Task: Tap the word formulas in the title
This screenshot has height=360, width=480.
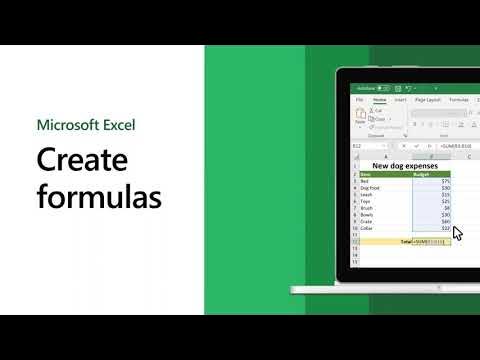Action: tap(99, 197)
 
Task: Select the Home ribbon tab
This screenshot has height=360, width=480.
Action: tap(380, 100)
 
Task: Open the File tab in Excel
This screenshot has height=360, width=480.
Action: tap(359, 100)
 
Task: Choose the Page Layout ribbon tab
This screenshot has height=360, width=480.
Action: tap(428, 100)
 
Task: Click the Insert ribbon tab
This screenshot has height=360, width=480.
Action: tap(401, 100)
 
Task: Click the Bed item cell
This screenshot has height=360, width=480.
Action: tap(365, 181)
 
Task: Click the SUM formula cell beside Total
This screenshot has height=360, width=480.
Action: tap(431, 242)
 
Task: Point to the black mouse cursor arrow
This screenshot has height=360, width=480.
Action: tap(457, 232)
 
